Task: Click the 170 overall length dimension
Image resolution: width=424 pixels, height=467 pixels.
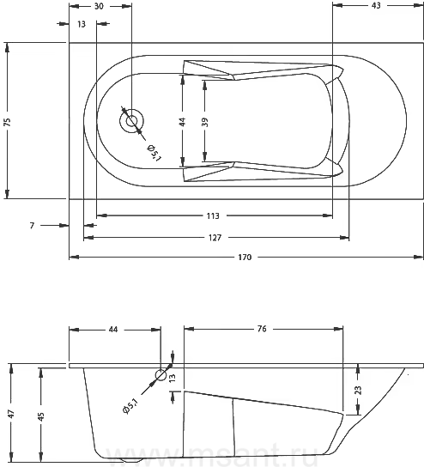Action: coord(245,257)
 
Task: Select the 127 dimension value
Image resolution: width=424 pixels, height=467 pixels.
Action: coord(215,238)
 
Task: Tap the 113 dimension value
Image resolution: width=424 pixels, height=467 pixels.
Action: coord(213,215)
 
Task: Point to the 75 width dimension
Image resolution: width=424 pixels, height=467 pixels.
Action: coord(8,122)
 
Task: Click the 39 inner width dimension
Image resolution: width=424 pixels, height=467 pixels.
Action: coord(205,122)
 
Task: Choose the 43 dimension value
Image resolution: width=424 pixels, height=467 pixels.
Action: coord(376,5)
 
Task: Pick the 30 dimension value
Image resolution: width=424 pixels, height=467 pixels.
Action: coord(99,6)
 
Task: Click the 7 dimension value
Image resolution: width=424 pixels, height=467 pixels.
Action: coord(32,226)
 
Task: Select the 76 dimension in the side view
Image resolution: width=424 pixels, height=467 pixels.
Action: coord(262,329)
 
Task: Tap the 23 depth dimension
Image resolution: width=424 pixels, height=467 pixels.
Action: coord(358,390)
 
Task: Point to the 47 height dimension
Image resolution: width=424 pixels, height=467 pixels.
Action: coord(11,414)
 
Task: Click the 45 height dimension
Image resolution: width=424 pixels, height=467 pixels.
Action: coord(41,416)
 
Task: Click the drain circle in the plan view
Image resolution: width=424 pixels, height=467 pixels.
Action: coord(131,121)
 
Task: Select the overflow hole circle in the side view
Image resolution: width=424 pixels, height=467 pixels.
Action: coord(161,375)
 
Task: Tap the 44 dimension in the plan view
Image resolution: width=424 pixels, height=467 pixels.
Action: coord(182,122)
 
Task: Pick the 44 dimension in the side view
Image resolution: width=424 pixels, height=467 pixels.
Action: coord(112,330)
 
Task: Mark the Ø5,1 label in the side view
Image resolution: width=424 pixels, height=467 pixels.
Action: coord(130,407)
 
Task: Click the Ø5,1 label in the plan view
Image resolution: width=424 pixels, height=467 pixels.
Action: coord(154,153)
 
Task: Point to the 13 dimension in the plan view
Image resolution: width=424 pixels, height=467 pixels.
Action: coord(82,24)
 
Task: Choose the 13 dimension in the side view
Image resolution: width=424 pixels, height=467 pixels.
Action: coord(173,378)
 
